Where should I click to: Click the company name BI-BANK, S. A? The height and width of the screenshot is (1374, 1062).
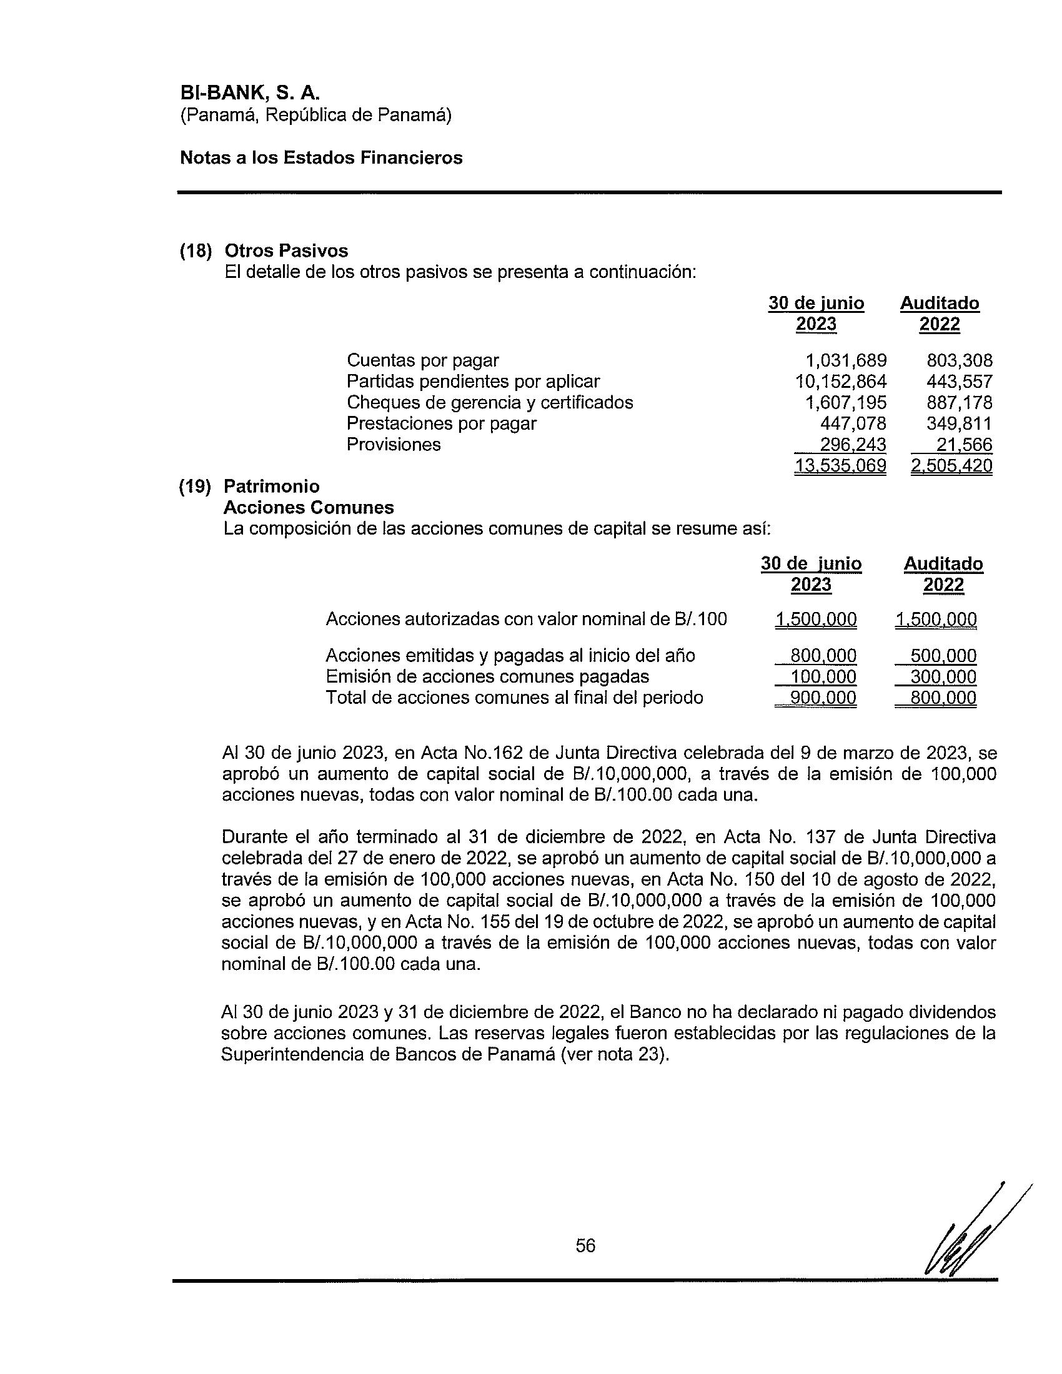[250, 92]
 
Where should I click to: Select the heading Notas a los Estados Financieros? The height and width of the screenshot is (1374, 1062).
[321, 157]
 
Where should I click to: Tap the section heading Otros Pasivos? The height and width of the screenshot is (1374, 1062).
[286, 250]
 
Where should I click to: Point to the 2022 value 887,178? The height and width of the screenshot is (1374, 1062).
[959, 402]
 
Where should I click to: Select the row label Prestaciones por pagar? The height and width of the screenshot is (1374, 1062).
[441, 423]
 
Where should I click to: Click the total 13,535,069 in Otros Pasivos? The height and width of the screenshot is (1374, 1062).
[840, 465]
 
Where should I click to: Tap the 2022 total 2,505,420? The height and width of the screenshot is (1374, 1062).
[951, 465]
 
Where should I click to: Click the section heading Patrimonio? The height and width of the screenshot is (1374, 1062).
[272, 487]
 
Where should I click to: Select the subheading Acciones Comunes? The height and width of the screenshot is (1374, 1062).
[309, 507]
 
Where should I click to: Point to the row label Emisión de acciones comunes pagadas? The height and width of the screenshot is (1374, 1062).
[487, 676]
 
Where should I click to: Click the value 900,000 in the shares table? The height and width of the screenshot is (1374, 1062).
[823, 698]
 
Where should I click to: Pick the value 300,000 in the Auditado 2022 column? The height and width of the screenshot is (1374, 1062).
[943, 677]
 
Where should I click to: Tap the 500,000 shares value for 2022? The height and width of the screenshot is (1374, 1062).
[943, 656]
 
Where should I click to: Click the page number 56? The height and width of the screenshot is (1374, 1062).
[585, 1246]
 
